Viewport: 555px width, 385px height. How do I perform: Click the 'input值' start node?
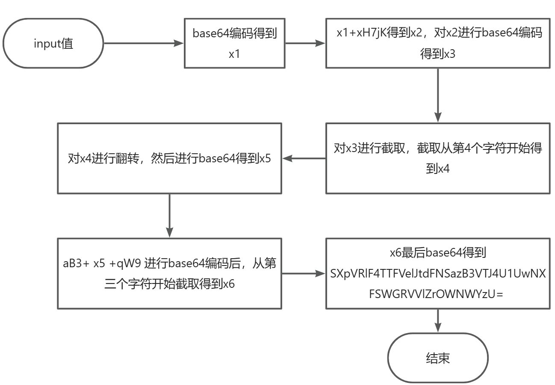(53, 43)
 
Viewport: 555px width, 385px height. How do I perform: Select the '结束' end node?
(437, 358)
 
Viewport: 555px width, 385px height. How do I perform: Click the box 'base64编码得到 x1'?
(234, 43)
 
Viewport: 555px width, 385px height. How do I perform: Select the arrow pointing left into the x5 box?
(304, 158)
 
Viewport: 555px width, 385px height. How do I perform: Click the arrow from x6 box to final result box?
(304, 273)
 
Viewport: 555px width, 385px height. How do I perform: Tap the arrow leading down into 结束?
(437, 320)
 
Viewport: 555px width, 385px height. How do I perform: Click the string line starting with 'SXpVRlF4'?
(438, 274)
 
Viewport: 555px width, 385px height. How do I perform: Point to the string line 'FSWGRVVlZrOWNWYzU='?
(438, 295)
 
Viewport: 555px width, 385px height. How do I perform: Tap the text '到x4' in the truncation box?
(437, 169)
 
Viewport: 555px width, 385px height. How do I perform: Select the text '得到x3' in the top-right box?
(437, 54)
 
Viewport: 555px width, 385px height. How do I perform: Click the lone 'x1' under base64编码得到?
(234, 54)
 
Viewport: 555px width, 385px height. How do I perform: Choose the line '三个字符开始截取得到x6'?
(169, 284)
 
